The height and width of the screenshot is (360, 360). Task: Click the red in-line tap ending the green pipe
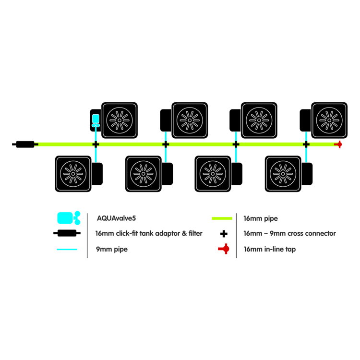[338, 144]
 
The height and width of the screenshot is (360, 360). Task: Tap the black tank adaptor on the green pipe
[25, 144]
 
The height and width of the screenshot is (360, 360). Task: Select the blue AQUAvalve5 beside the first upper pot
[96, 119]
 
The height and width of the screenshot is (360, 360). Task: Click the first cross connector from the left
[96, 144]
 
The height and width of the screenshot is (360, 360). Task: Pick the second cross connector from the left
[166, 144]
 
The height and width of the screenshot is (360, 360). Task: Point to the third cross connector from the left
[236, 144]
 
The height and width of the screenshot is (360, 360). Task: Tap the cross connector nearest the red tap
[306, 144]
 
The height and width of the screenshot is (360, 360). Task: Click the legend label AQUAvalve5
[116, 218]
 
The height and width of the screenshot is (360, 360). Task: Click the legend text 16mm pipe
[261, 218]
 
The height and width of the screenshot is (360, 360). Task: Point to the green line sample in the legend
[222, 218]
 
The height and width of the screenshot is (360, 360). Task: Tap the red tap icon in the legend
[223, 249]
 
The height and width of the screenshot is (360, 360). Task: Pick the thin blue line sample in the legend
[67, 249]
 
